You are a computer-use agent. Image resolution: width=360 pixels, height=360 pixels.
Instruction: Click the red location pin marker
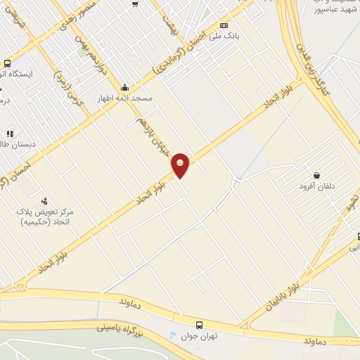(x=181, y=165)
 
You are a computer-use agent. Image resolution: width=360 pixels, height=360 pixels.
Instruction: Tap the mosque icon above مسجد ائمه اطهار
(x=125, y=87)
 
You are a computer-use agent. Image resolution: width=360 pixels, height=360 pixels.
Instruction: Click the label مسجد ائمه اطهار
(x=124, y=99)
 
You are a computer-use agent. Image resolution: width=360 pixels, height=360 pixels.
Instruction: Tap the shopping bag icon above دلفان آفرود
(x=316, y=175)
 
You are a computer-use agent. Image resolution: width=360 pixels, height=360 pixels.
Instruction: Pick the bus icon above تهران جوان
(x=200, y=325)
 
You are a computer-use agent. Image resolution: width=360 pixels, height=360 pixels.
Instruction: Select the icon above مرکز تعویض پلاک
(x=45, y=202)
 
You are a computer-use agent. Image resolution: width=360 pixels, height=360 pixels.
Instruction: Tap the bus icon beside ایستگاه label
(x=7, y=63)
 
